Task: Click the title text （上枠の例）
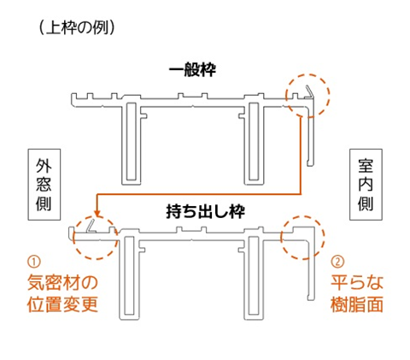tap(77, 28)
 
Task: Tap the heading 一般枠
tap(192, 69)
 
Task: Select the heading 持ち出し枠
tap(205, 211)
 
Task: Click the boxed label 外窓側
tap(44, 185)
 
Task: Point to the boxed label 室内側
tap(366, 185)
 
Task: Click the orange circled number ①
tap(33, 262)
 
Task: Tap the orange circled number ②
tap(337, 262)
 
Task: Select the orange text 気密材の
tap(62, 282)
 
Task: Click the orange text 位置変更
tap(62, 304)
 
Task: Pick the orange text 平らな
tap(357, 282)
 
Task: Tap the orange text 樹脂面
tap(357, 304)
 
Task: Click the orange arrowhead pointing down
tap(97, 214)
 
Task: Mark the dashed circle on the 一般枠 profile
tap(330, 96)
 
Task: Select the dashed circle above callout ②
tap(325, 238)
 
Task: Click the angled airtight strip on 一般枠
tap(308, 91)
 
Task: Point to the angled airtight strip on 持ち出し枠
tap(91, 225)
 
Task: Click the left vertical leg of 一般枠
tap(132, 143)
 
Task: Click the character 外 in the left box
tap(44, 165)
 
